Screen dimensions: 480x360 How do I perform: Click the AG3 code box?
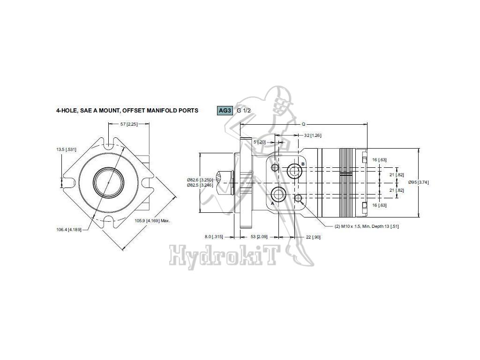click(225, 110)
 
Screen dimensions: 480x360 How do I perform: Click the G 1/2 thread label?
click(244, 111)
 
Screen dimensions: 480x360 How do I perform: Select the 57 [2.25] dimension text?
click(129, 124)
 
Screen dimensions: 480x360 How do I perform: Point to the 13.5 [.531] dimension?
click(66, 150)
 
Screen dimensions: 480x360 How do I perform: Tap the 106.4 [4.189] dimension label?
click(69, 230)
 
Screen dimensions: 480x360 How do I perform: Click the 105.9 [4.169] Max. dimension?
click(152, 220)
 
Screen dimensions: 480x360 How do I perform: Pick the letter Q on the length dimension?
click(303, 124)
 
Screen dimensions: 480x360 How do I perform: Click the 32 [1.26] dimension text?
click(312, 135)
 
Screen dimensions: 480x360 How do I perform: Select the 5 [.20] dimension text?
click(259, 142)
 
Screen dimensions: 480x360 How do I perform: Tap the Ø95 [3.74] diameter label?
click(419, 182)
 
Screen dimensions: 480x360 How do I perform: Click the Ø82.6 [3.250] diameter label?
click(200, 180)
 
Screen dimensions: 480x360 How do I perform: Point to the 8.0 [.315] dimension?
click(214, 237)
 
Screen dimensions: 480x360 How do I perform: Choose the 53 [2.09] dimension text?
click(259, 237)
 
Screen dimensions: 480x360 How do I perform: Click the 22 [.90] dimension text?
click(313, 237)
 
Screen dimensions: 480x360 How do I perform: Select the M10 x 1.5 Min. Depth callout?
click(367, 226)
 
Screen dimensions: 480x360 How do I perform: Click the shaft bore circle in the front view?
click(108, 183)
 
